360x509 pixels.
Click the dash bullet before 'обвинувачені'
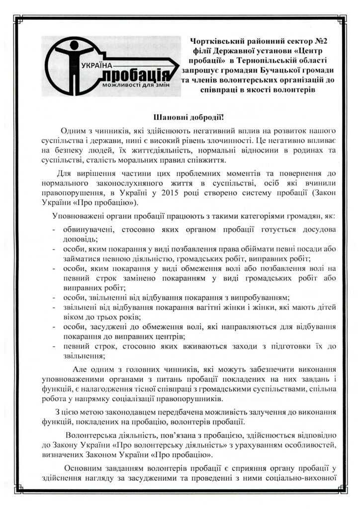pos(54,230)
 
